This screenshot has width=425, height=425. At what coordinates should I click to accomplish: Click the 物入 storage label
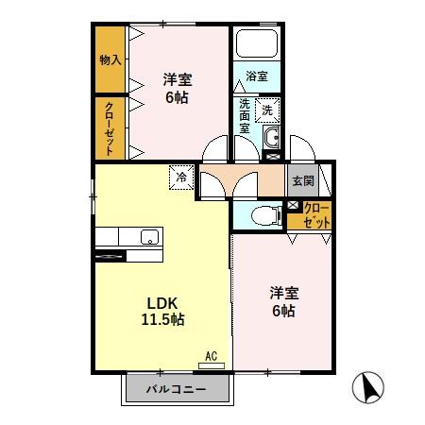coord(110,59)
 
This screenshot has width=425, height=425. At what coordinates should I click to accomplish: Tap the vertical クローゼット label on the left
coord(110,127)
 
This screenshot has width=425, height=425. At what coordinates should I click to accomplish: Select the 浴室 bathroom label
coord(256,75)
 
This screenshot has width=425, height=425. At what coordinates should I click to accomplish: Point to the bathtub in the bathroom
coord(256,45)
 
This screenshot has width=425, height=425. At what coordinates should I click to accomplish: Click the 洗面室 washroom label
coord(245,115)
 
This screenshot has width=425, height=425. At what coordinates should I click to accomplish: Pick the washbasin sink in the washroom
coord(272,140)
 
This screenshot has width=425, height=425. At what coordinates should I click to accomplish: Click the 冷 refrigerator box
coord(180,175)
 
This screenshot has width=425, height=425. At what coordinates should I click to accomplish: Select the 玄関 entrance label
coord(301,179)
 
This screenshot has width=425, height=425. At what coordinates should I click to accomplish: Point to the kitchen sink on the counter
coord(149,236)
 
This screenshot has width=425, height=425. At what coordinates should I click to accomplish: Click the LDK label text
coord(161,303)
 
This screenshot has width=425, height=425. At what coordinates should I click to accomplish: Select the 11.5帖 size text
coord(162,319)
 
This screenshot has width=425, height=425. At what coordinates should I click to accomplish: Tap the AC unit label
coord(212,355)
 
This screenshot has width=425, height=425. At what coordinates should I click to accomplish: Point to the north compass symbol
coord(370,386)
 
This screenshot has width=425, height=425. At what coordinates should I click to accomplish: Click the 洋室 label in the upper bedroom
coord(175,79)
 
